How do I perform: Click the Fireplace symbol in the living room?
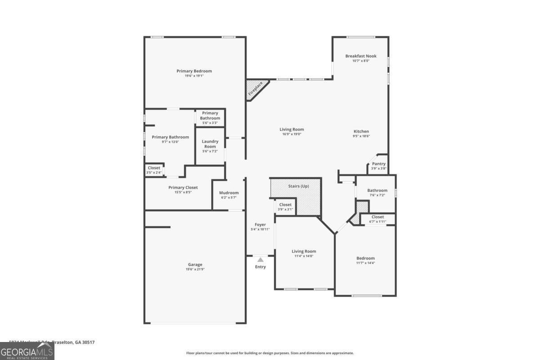256,89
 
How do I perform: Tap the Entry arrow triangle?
260,259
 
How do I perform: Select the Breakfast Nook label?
361,56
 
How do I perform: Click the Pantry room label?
378,164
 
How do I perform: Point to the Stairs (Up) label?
298,186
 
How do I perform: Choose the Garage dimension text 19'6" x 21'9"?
195,270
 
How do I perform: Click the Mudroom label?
229,193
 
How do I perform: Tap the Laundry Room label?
210,144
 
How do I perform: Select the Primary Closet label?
183,188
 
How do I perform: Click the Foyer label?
260,225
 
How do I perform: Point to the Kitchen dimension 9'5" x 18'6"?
361,136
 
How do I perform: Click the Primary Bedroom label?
194,71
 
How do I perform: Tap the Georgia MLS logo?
27,351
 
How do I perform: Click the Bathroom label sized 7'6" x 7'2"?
377,190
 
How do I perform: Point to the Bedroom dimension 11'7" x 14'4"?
365,263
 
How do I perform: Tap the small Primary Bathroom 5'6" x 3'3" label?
210,116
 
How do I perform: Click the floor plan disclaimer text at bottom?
270,353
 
